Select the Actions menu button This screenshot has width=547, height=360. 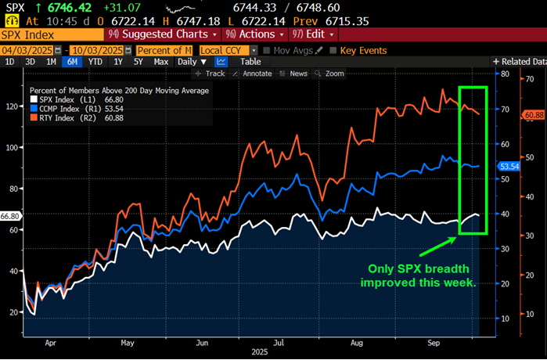[252, 34]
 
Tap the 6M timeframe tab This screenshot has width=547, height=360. [73, 61]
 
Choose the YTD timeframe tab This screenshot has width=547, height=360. [95, 61]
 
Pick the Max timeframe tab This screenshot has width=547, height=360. [160, 61]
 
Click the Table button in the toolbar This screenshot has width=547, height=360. [250, 61]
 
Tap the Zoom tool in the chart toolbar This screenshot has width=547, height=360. [332, 74]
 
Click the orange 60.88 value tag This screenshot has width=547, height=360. [534, 115]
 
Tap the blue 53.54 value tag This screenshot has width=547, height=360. [509, 166]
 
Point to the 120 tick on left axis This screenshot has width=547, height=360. [12, 106]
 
